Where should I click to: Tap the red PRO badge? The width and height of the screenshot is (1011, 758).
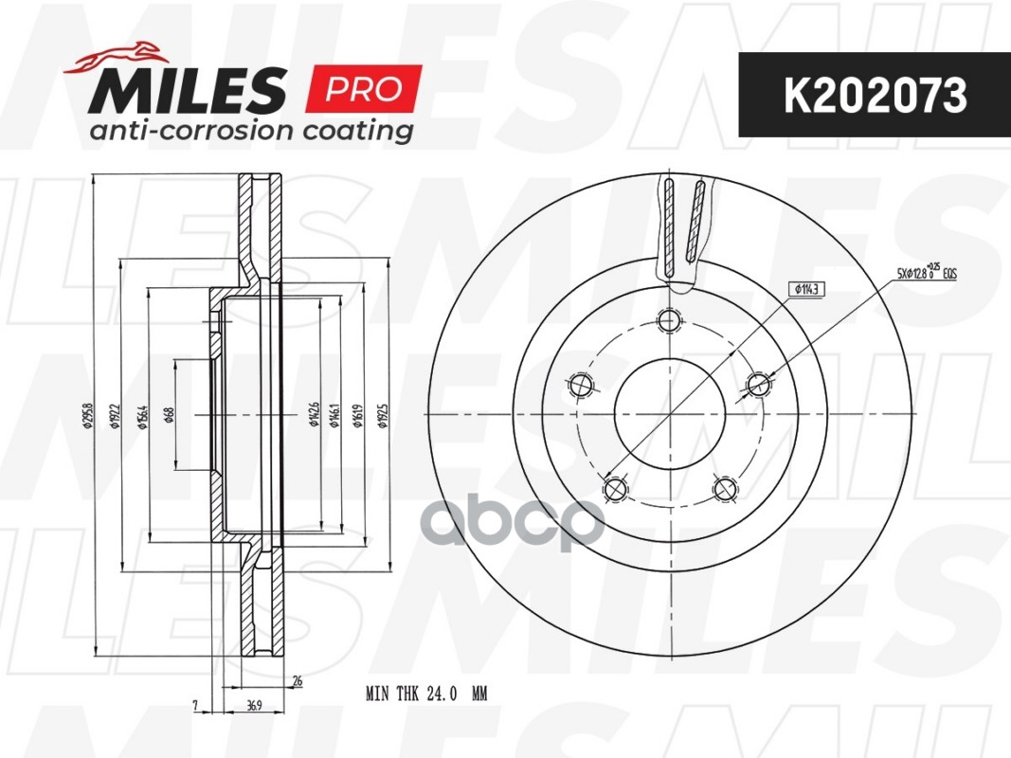363,89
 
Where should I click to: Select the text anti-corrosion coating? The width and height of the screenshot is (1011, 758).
251,130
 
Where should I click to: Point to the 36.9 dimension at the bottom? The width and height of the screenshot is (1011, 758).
252,705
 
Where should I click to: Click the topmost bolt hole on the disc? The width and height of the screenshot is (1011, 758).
671,319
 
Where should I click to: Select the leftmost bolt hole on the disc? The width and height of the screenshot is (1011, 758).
580,385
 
